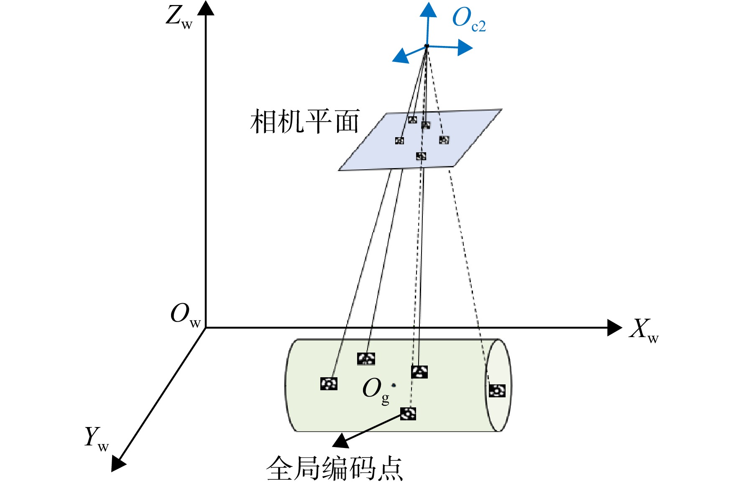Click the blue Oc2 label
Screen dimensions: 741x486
pyautogui.click(x=469, y=20)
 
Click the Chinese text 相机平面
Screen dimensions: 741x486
pyautogui.click(x=305, y=122)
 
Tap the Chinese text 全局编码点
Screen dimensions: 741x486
pyautogui.click(x=335, y=468)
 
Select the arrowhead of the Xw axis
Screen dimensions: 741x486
pyautogui.click(x=614, y=328)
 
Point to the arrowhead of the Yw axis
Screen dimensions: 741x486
pyautogui.click(x=118, y=464)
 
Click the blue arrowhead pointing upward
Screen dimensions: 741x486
pyautogui.click(x=428, y=10)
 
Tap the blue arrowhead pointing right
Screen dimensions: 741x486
pyautogui.click(x=465, y=48)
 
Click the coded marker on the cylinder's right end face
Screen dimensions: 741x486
pyautogui.click(x=497, y=391)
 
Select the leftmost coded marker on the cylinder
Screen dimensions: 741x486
pyautogui.click(x=329, y=384)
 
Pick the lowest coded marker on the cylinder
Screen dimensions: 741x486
pyautogui.click(x=408, y=414)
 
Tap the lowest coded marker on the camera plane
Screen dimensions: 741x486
pyautogui.click(x=421, y=156)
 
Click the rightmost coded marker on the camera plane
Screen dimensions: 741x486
pyautogui.click(x=444, y=140)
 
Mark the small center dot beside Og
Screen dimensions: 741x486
pyautogui.click(x=393, y=385)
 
